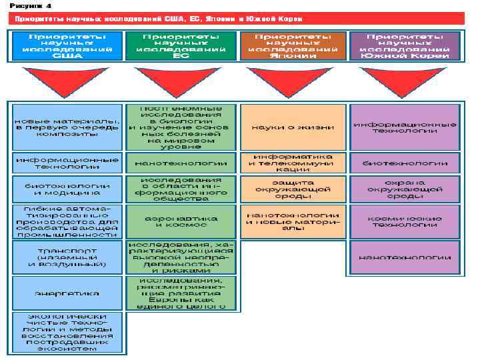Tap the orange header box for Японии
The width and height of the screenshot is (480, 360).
[x=291, y=45]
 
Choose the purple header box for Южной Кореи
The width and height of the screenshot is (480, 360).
[x=405, y=45]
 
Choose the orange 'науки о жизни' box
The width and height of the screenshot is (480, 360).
[x=291, y=127]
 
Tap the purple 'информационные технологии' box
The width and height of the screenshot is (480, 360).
[x=405, y=127]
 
